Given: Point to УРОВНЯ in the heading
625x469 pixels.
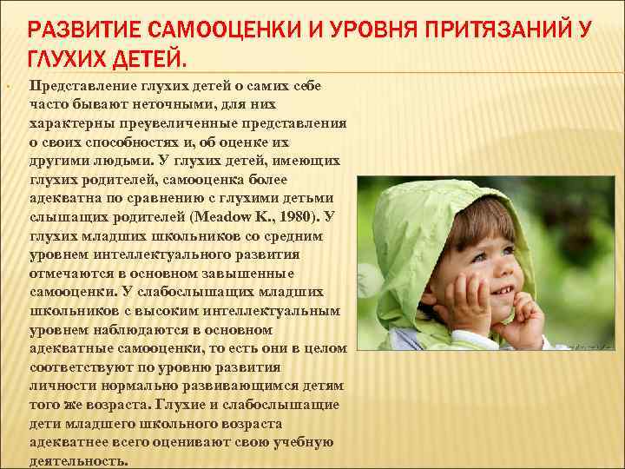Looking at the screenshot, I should (355, 32).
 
